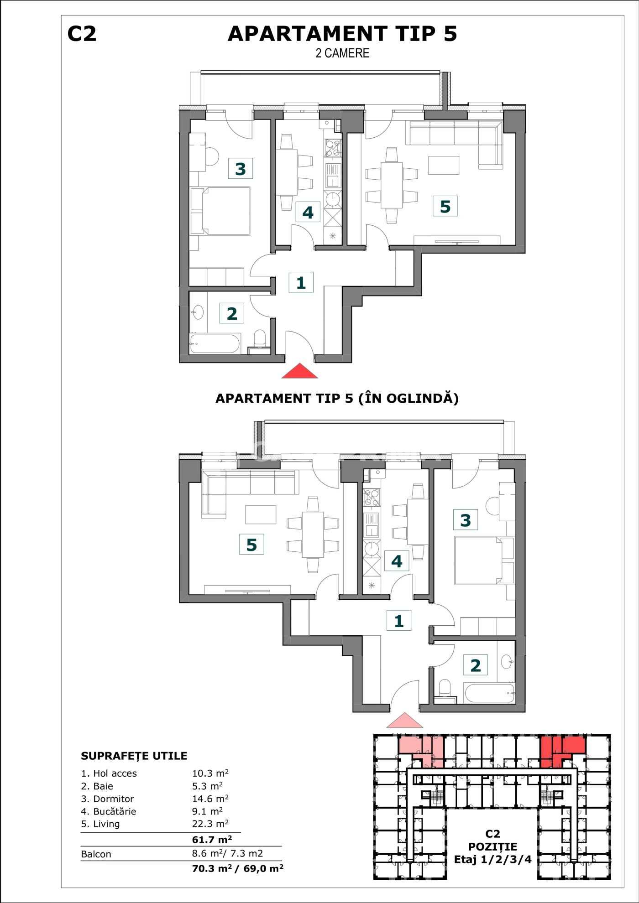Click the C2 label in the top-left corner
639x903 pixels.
pos(82,34)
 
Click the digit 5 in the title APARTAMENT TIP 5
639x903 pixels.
pos(450,34)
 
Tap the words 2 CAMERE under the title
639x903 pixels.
pos(342,53)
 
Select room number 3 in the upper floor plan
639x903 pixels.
pos(241,169)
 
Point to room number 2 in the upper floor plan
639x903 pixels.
pos(232,313)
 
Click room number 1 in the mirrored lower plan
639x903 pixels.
pos(399,621)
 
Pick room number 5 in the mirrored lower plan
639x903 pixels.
pos(251,545)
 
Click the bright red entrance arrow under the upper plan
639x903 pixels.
pos(299,371)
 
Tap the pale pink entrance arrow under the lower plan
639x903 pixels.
pos(404,720)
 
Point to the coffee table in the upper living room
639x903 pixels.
pos(444,165)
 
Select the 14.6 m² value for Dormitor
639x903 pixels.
pos(210,799)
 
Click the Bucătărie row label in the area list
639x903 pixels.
pos(109,811)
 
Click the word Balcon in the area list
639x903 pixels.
pos(96,854)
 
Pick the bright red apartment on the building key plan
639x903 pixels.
pos(562,751)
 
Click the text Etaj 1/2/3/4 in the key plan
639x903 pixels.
pos(492,860)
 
